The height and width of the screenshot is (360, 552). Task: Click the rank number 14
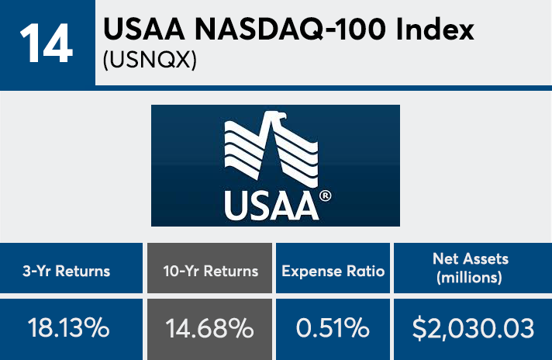click(46, 45)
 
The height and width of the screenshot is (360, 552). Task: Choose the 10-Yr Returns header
click(209, 272)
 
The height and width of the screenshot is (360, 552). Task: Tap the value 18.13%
click(69, 328)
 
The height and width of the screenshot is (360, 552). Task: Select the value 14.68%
click(209, 328)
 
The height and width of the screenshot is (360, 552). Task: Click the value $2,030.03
click(474, 328)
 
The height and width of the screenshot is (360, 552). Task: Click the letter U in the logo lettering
click(234, 206)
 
